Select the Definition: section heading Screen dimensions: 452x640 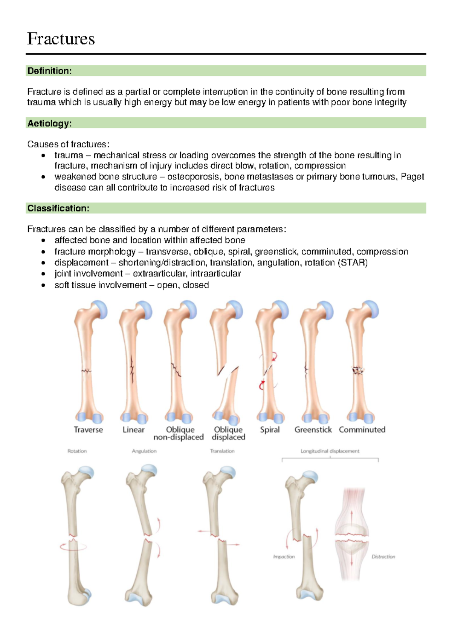coord(49,71)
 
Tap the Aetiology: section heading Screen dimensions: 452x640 coord(49,123)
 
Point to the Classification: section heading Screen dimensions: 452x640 coord(58,208)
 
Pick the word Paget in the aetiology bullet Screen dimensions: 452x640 coord(412,177)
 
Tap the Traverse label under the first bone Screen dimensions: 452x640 coord(88,430)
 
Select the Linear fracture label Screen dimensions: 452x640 coord(133,430)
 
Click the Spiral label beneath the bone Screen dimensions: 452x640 coord(270,430)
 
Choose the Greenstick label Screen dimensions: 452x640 coord(313,430)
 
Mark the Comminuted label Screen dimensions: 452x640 coord(362,430)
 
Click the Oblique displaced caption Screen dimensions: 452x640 coord(228,433)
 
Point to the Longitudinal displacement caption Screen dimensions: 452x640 coord(330,451)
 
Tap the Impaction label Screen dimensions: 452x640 coord(284,557)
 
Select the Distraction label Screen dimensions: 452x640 coord(383,557)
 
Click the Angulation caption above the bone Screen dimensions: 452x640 coord(144,451)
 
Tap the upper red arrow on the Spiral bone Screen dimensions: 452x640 coord(275,356)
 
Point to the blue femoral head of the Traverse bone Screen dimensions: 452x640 coord(100,309)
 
